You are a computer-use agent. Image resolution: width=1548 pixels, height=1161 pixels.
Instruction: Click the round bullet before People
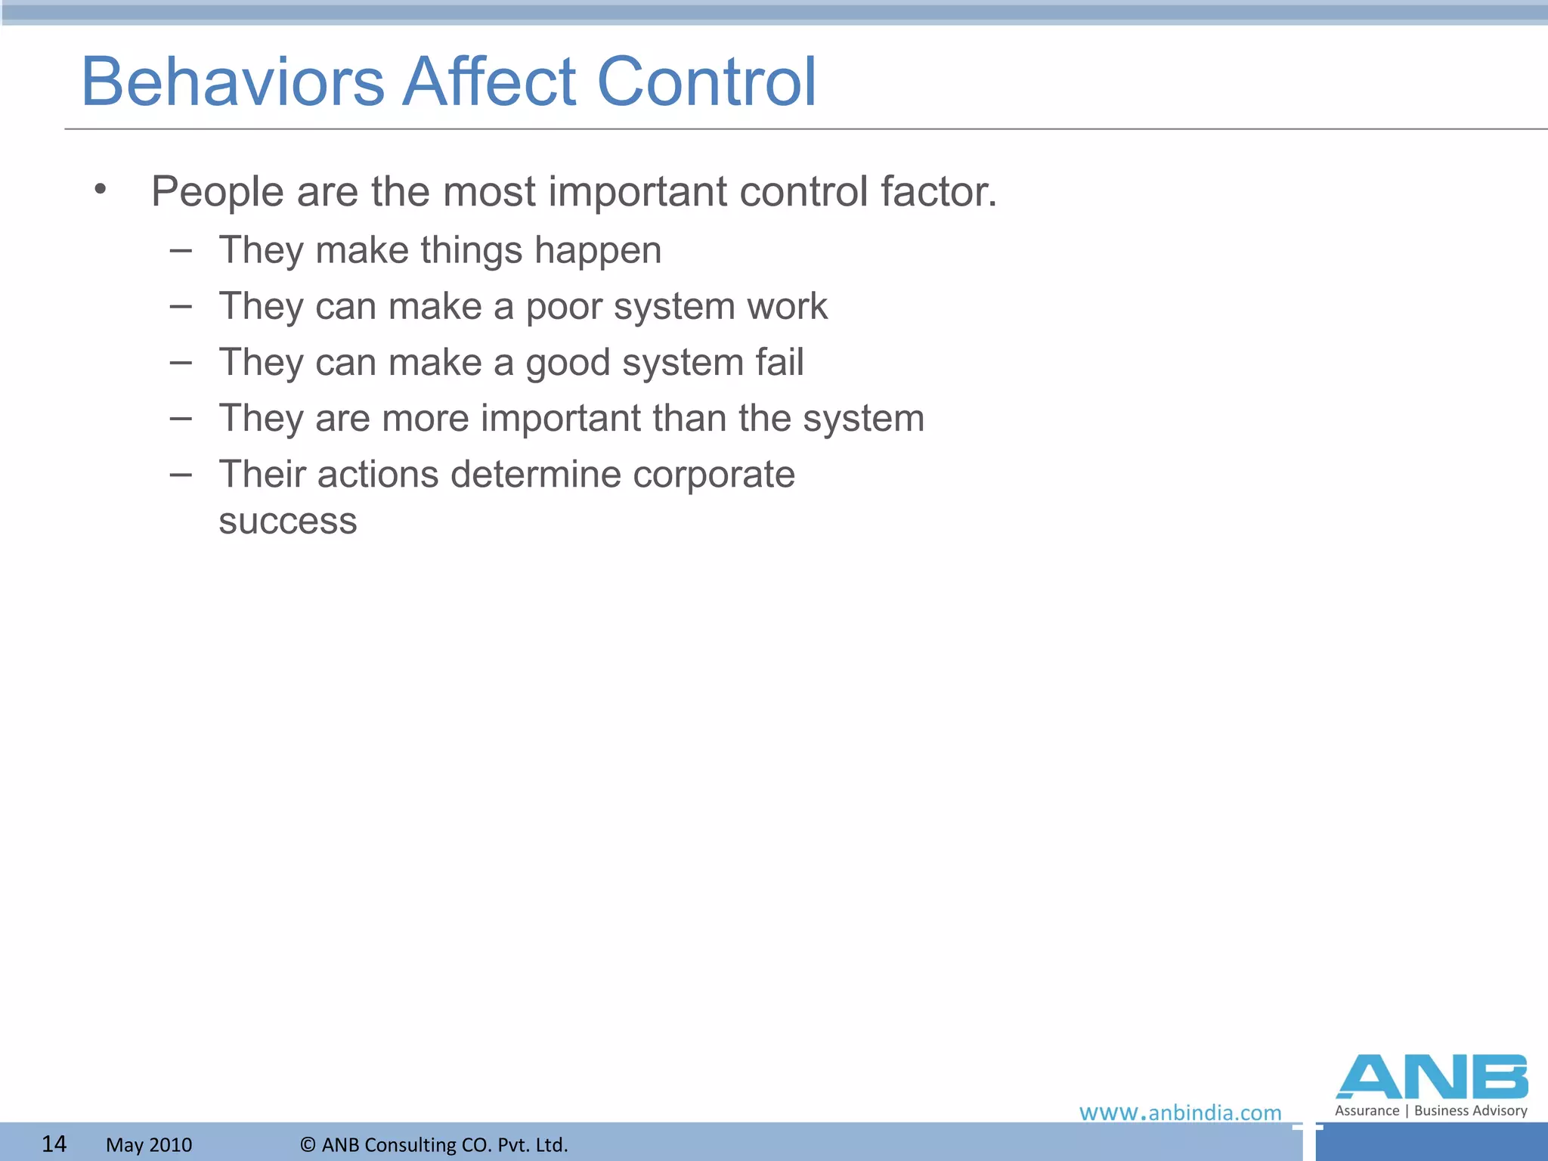tap(101, 188)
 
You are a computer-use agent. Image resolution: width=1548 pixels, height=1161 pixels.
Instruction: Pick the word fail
tap(779, 362)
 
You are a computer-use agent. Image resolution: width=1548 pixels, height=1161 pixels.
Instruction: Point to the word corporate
tap(714, 475)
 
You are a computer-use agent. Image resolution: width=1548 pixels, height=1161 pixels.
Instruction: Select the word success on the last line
tap(287, 522)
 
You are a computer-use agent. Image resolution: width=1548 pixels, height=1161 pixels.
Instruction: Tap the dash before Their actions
tap(180, 475)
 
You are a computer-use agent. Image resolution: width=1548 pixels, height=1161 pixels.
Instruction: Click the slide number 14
tap(54, 1144)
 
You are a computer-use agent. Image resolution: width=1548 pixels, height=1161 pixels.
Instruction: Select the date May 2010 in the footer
tap(149, 1144)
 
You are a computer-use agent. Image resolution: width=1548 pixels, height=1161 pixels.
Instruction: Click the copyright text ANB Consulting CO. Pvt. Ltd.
tap(434, 1144)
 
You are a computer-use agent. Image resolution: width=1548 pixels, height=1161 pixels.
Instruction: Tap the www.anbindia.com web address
tap(1180, 1113)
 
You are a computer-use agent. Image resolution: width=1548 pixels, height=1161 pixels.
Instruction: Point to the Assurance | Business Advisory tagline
tap(1431, 1110)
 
